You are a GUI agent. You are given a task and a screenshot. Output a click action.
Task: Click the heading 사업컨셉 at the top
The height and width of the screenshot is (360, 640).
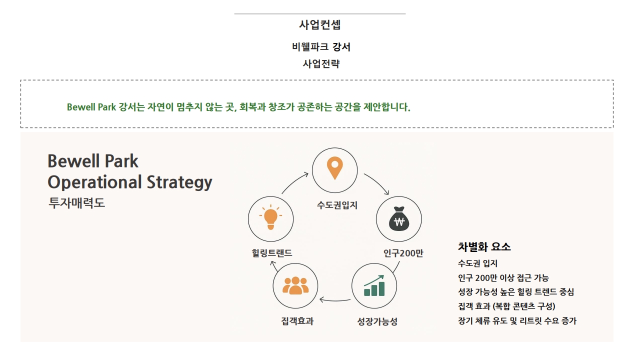(319, 25)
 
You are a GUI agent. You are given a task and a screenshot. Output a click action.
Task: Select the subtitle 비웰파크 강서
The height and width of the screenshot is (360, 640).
(321, 47)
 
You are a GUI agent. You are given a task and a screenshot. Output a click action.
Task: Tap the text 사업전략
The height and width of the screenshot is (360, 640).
(321, 63)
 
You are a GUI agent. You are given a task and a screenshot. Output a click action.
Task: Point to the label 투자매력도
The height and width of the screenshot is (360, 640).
(76, 203)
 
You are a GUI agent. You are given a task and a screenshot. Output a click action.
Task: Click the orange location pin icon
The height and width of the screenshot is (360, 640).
(335, 168)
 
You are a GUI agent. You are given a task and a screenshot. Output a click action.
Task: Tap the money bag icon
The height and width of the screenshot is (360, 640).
(399, 218)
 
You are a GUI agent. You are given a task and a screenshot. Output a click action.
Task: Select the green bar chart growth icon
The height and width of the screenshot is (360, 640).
(374, 285)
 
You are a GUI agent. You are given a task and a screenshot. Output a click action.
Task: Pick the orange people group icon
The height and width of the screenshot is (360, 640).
(295, 285)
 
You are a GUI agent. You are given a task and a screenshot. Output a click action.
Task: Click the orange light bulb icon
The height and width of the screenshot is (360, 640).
(270, 217)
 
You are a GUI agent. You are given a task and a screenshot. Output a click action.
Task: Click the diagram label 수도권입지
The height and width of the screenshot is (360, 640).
(337, 205)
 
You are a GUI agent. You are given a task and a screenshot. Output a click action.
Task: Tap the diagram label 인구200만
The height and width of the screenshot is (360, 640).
(403, 253)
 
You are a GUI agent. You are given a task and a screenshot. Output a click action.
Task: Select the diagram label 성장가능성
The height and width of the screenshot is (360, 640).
(377, 321)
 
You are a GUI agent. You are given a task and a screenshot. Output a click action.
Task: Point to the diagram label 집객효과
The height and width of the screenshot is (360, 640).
(297, 321)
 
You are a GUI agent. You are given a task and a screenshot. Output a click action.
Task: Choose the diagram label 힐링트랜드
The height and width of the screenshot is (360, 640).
(271, 253)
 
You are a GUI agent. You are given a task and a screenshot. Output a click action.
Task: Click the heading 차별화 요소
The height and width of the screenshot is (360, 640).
(484, 247)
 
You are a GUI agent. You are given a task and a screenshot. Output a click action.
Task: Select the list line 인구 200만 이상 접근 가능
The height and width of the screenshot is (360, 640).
(503, 277)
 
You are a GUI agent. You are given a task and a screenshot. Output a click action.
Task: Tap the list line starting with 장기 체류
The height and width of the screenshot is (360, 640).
(517, 320)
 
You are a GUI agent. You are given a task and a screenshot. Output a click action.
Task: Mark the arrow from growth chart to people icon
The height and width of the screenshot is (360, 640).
(335, 300)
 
